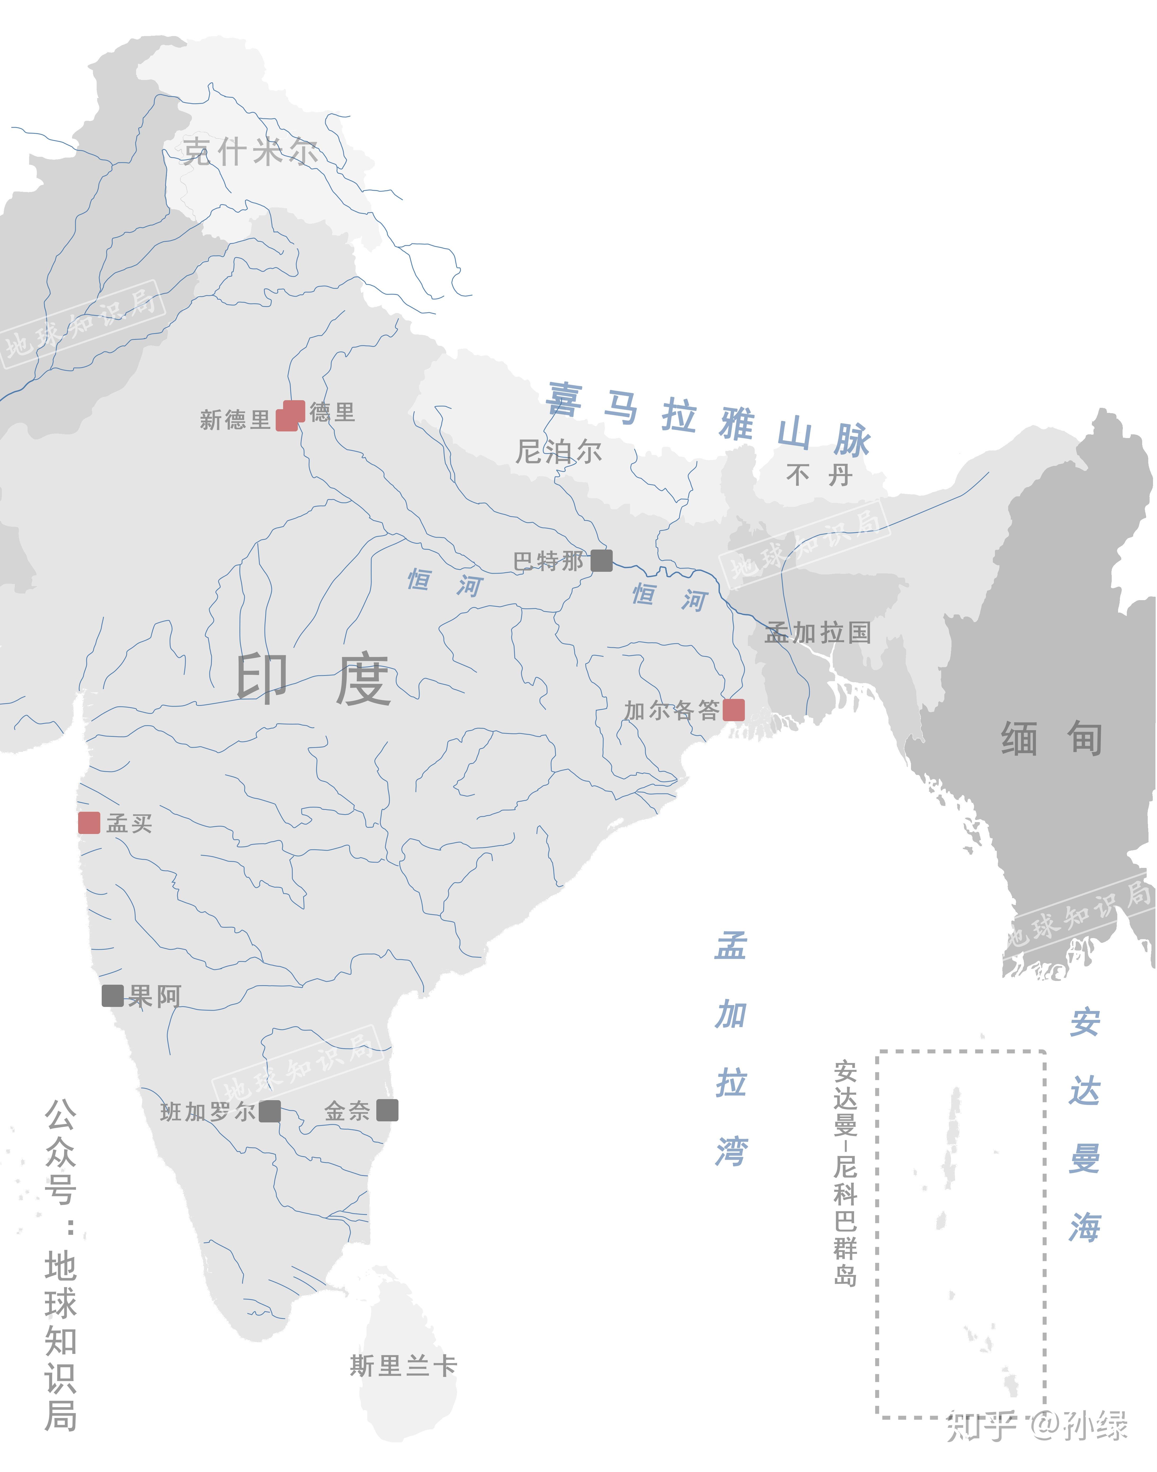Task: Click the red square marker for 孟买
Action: (x=89, y=823)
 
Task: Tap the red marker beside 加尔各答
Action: (x=734, y=710)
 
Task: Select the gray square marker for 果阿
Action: (x=113, y=996)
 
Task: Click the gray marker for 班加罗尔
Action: (x=270, y=1111)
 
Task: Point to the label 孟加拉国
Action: (x=818, y=633)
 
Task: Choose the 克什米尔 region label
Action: (x=251, y=151)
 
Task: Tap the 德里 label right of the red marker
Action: (x=332, y=412)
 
